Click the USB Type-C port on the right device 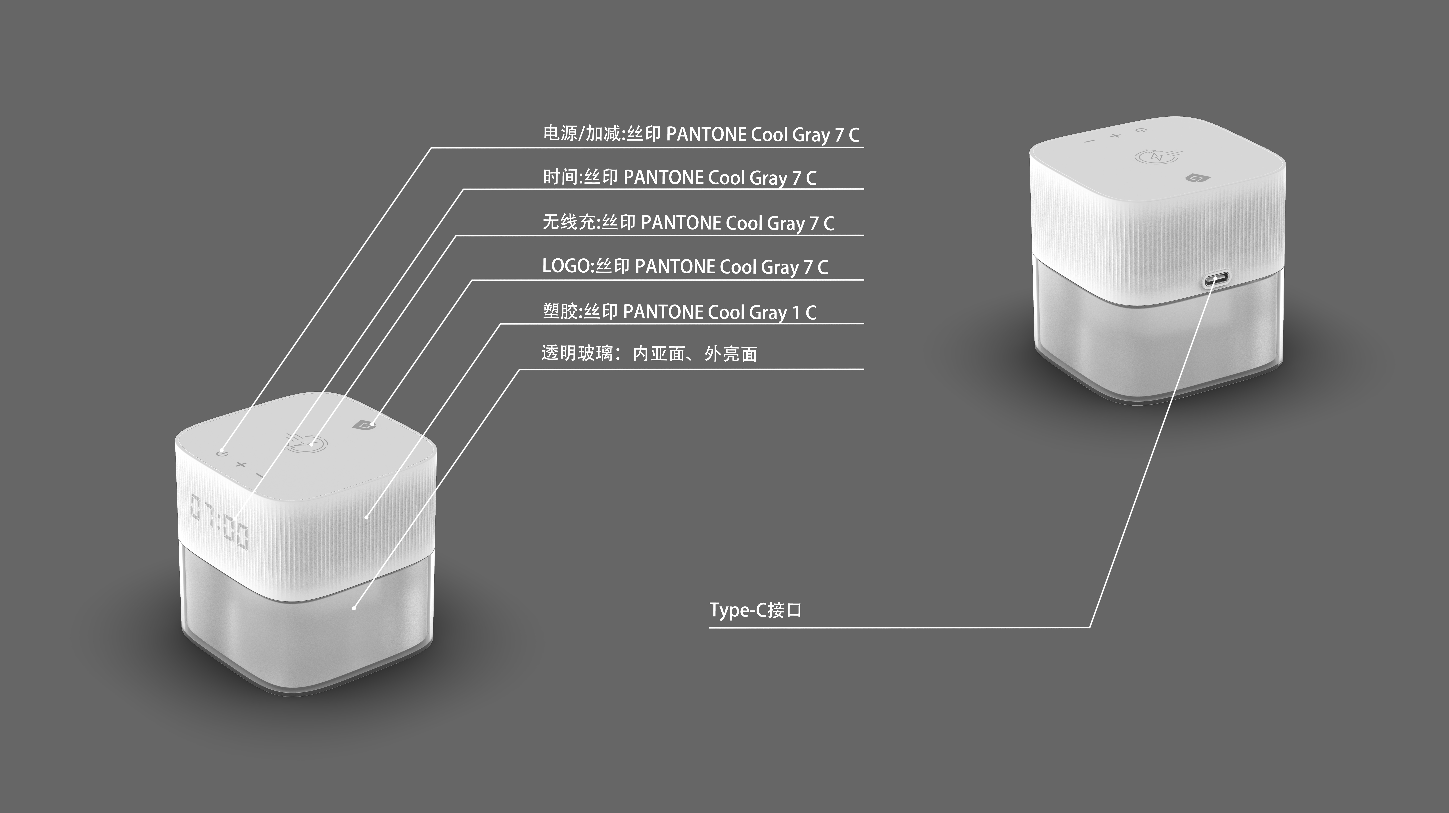click(x=1216, y=279)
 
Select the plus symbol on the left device click(x=241, y=465)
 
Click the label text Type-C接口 click(x=755, y=610)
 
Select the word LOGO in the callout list click(x=566, y=266)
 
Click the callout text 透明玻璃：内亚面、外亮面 click(x=649, y=353)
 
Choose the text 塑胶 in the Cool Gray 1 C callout click(x=560, y=311)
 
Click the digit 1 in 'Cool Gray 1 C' click(x=795, y=313)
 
